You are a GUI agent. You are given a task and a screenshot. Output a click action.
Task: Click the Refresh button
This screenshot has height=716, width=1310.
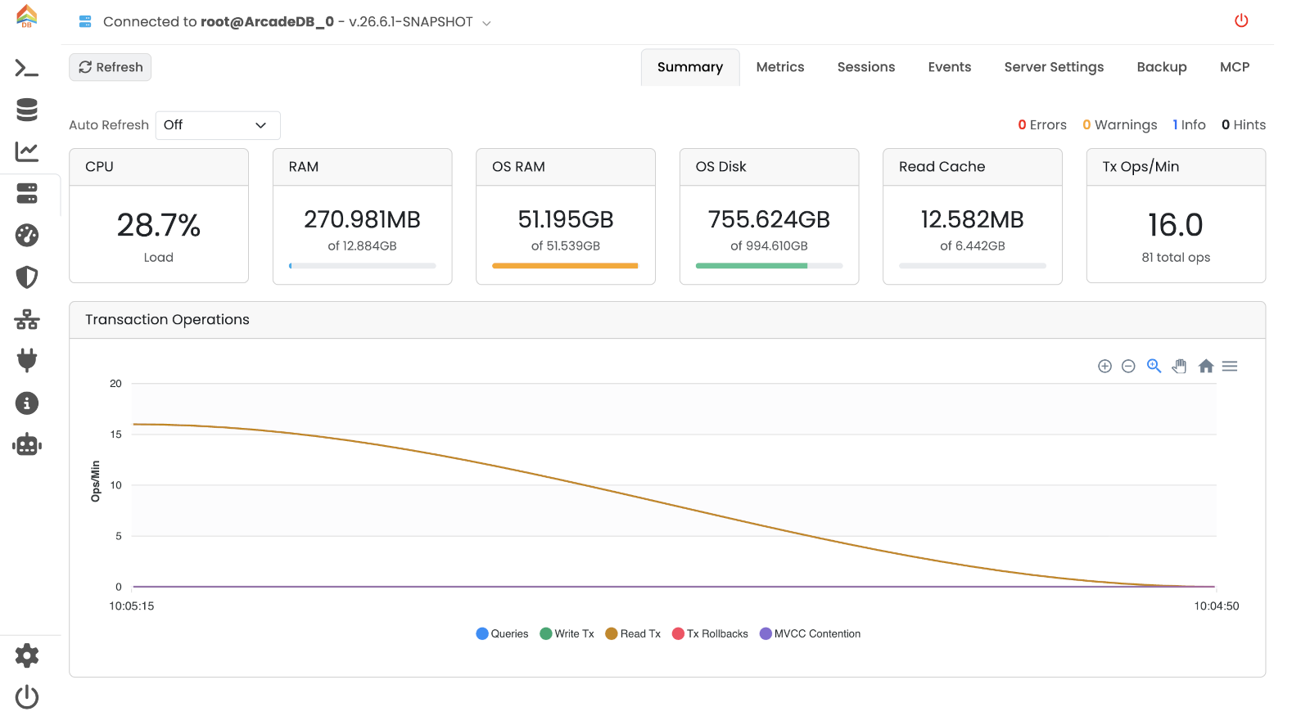pyautogui.click(x=110, y=67)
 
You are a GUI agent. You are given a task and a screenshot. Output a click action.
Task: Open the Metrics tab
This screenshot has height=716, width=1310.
pyautogui.click(x=780, y=67)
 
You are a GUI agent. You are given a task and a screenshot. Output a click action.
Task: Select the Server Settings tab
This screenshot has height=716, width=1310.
pyautogui.click(x=1054, y=67)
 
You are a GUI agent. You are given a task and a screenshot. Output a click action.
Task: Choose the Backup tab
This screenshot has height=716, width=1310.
pyautogui.click(x=1162, y=67)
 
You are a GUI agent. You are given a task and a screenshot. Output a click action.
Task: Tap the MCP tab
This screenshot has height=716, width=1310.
pyautogui.click(x=1235, y=67)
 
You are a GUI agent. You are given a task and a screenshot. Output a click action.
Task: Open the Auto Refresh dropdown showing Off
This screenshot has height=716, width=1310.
pyautogui.click(x=218, y=125)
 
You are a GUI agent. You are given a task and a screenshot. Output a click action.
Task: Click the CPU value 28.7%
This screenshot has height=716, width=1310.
pyautogui.click(x=159, y=225)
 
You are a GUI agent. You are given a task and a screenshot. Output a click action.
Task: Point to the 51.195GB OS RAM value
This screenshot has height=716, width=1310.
pyautogui.click(x=566, y=220)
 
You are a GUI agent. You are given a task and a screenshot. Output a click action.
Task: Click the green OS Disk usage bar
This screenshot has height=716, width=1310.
pyautogui.click(x=752, y=266)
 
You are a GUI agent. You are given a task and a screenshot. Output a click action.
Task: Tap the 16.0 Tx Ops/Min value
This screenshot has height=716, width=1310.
pyautogui.click(x=1176, y=225)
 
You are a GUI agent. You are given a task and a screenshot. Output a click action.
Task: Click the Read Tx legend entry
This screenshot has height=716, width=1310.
pyautogui.click(x=633, y=633)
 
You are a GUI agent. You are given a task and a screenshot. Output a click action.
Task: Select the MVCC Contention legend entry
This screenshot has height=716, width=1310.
pyautogui.click(x=810, y=633)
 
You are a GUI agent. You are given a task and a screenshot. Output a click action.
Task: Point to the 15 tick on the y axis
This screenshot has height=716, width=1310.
pyautogui.click(x=115, y=435)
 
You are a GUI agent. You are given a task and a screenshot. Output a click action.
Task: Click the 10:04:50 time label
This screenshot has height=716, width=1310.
pyautogui.click(x=1216, y=606)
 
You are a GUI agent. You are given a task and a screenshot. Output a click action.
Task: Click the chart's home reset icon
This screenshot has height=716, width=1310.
pyautogui.click(x=1205, y=367)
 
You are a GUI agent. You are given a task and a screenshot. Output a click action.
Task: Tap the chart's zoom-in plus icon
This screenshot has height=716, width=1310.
pyautogui.click(x=1104, y=367)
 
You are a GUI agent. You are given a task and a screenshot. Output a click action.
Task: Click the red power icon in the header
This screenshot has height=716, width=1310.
pyautogui.click(x=1241, y=21)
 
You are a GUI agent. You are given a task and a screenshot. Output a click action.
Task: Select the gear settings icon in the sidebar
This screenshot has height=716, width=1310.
pyautogui.click(x=27, y=655)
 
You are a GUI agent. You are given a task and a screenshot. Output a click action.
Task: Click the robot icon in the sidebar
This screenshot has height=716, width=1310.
pyautogui.click(x=27, y=445)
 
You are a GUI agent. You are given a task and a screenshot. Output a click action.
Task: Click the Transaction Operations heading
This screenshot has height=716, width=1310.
pyautogui.click(x=167, y=320)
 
